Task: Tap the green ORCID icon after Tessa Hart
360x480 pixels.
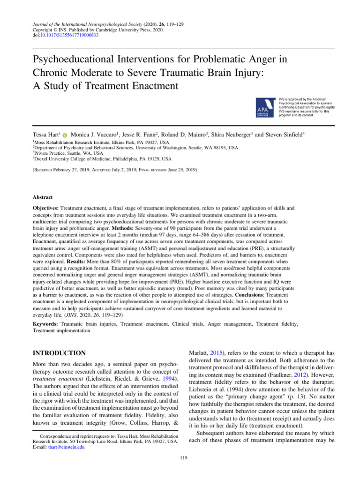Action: coord(65,135)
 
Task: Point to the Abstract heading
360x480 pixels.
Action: coord(43,197)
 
